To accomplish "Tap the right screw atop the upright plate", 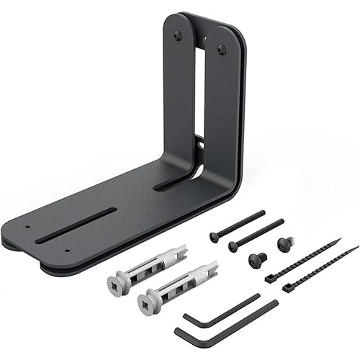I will pyautogui.click(x=221, y=49).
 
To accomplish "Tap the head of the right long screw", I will pyautogui.click(x=233, y=246).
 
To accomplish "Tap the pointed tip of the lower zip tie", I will pyautogui.click(x=356, y=247).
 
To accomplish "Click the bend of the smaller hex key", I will pyautogui.click(x=186, y=316).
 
